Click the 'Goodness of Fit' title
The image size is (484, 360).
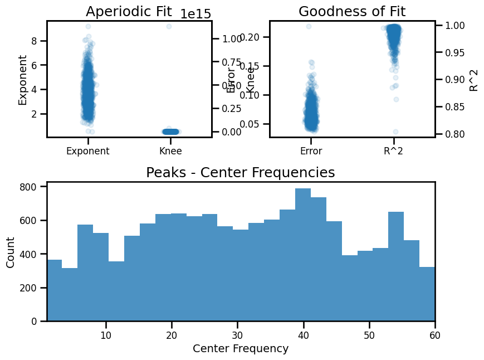[352, 12]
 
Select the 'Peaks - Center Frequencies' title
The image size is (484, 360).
[241, 173]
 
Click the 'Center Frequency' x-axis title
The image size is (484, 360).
[241, 349]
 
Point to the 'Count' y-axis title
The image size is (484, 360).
[11, 252]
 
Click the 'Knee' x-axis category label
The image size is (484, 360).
[170, 150]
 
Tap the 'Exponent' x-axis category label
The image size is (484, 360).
[88, 150]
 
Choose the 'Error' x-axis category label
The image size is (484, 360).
[311, 150]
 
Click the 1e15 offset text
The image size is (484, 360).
[195, 14]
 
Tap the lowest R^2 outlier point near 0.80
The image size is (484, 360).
[395, 132]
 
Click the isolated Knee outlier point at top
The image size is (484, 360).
[169, 27]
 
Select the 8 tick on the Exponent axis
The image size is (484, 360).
[33, 41]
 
